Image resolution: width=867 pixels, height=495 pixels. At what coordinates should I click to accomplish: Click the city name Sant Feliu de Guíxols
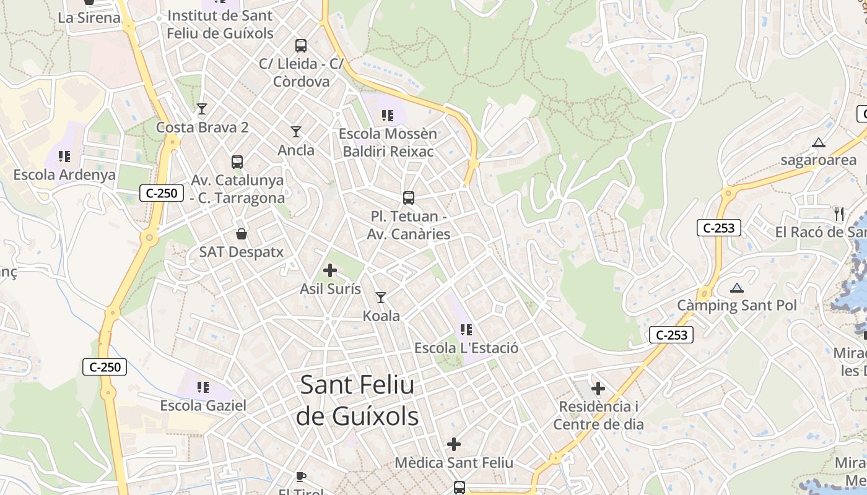(357, 401)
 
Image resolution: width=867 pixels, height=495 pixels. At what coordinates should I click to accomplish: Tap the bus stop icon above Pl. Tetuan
(408, 198)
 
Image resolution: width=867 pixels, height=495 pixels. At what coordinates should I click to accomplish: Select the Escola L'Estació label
(466, 348)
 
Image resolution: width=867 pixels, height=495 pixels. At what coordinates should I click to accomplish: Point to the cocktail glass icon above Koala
(381, 298)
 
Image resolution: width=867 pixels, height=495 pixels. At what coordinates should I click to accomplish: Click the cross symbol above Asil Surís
(330, 270)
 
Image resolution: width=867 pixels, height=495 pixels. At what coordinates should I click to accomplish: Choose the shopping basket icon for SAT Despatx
(242, 234)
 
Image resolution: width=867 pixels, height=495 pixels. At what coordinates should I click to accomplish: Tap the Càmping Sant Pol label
(736, 305)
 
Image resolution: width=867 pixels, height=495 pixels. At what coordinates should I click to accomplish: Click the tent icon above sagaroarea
(819, 142)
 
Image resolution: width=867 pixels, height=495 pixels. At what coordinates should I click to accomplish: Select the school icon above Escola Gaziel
(203, 387)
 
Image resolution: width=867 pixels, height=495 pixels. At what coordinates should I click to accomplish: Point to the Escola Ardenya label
(64, 174)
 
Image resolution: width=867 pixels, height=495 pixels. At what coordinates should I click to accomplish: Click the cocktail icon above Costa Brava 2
(202, 109)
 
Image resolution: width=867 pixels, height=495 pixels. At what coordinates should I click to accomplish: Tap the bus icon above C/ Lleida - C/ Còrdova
(300, 45)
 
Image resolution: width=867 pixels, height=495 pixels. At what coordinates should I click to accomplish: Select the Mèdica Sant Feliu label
(454, 462)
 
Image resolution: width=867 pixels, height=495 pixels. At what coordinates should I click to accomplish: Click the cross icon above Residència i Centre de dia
(598, 389)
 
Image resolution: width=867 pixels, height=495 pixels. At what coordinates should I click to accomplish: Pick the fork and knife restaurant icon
(839, 214)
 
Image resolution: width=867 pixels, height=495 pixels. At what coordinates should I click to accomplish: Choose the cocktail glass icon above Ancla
(296, 132)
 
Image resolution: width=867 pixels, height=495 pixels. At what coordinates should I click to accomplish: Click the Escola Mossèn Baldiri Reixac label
(388, 142)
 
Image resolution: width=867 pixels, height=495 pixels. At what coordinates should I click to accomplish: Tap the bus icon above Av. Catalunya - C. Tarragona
(237, 162)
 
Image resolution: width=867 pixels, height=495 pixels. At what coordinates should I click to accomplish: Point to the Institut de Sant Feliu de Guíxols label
(220, 25)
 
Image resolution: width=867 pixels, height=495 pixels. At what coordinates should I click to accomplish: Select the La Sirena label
(89, 17)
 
